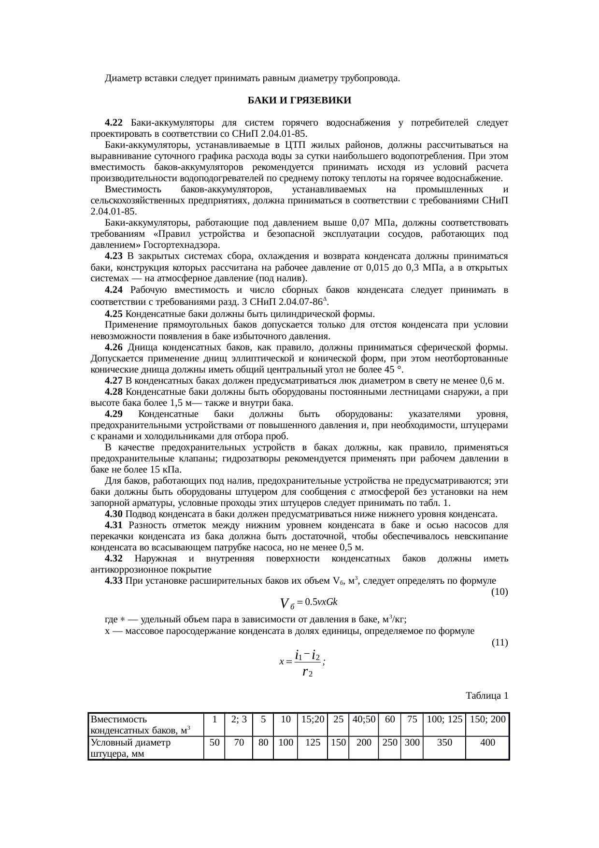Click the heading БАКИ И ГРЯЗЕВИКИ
click(299, 101)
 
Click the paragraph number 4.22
click(114, 123)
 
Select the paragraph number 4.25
click(114, 314)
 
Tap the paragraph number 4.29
click(114, 414)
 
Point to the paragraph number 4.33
click(114, 581)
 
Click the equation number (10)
click(499, 591)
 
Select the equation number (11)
click(499, 642)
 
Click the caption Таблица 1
click(486, 696)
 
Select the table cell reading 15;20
click(313, 719)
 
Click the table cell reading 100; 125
click(444, 719)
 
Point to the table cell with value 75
click(412, 719)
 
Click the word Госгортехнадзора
click(179, 245)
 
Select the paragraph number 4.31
click(114, 525)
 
